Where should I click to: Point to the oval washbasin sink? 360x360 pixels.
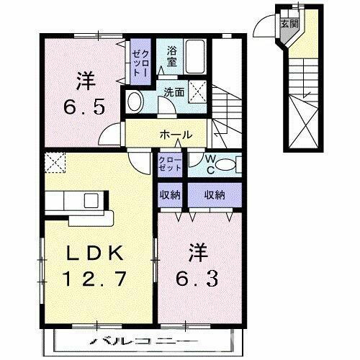(134, 101)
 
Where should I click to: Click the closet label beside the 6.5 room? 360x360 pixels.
(139, 63)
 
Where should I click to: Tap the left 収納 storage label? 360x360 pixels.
(171, 194)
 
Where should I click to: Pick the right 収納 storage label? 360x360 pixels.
(214, 194)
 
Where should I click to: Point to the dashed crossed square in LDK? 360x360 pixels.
(54, 163)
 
